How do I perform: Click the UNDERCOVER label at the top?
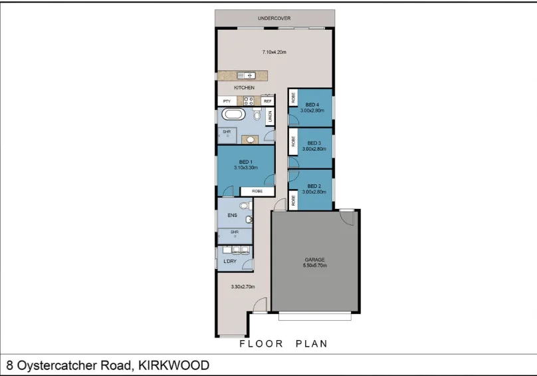[x=274, y=18]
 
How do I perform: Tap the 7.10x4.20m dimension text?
[x=274, y=52]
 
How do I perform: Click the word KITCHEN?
[x=244, y=88]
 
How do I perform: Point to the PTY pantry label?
[x=226, y=101]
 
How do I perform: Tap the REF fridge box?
[x=268, y=101]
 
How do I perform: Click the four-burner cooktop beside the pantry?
[x=248, y=101]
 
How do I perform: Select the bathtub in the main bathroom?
[x=233, y=115]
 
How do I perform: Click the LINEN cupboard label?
[x=270, y=117]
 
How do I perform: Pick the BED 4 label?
[x=312, y=105]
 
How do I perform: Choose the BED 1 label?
[x=245, y=162]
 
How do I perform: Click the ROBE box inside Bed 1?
[x=257, y=191]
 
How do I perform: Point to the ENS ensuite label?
[x=232, y=215]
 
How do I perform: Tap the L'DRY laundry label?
[x=230, y=262]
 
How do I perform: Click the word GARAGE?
[x=314, y=259]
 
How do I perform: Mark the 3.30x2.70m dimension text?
[x=243, y=287]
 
